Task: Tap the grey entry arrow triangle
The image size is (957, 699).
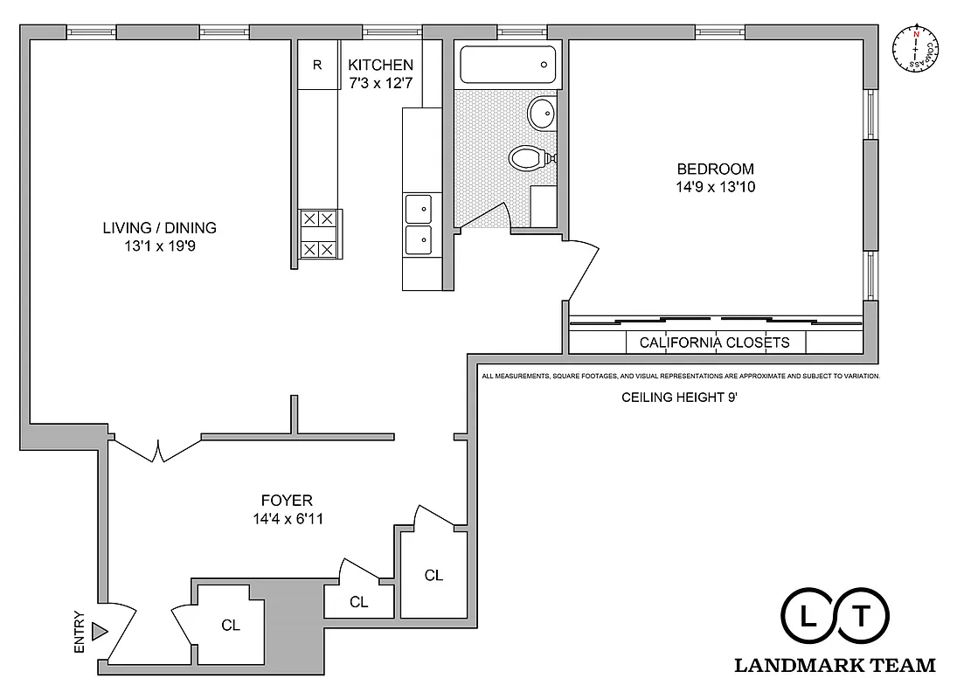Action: pos(99,631)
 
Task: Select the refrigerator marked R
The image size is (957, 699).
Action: pos(317,65)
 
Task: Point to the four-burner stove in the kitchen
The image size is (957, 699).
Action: pos(317,234)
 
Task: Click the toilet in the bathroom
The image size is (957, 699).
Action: pos(528,159)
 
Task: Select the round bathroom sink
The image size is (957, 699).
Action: pos(542,112)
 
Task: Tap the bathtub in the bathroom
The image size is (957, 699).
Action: pos(506,64)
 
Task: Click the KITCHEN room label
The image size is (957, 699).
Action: pos(380,65)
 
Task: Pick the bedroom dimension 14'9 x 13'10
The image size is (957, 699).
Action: pos(715,186)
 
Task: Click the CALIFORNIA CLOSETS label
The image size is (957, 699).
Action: pos(714,343)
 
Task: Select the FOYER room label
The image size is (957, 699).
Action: pos(287,501)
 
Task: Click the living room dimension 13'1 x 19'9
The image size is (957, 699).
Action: pos(159,246)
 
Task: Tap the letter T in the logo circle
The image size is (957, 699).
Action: pos(862,617)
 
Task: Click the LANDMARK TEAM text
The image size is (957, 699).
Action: pos(835,666)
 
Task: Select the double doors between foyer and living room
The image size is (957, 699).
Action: pos(157,449)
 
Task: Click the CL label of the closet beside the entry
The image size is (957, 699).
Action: pos(230,625)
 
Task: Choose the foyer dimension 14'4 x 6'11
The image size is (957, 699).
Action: pos(287,518)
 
